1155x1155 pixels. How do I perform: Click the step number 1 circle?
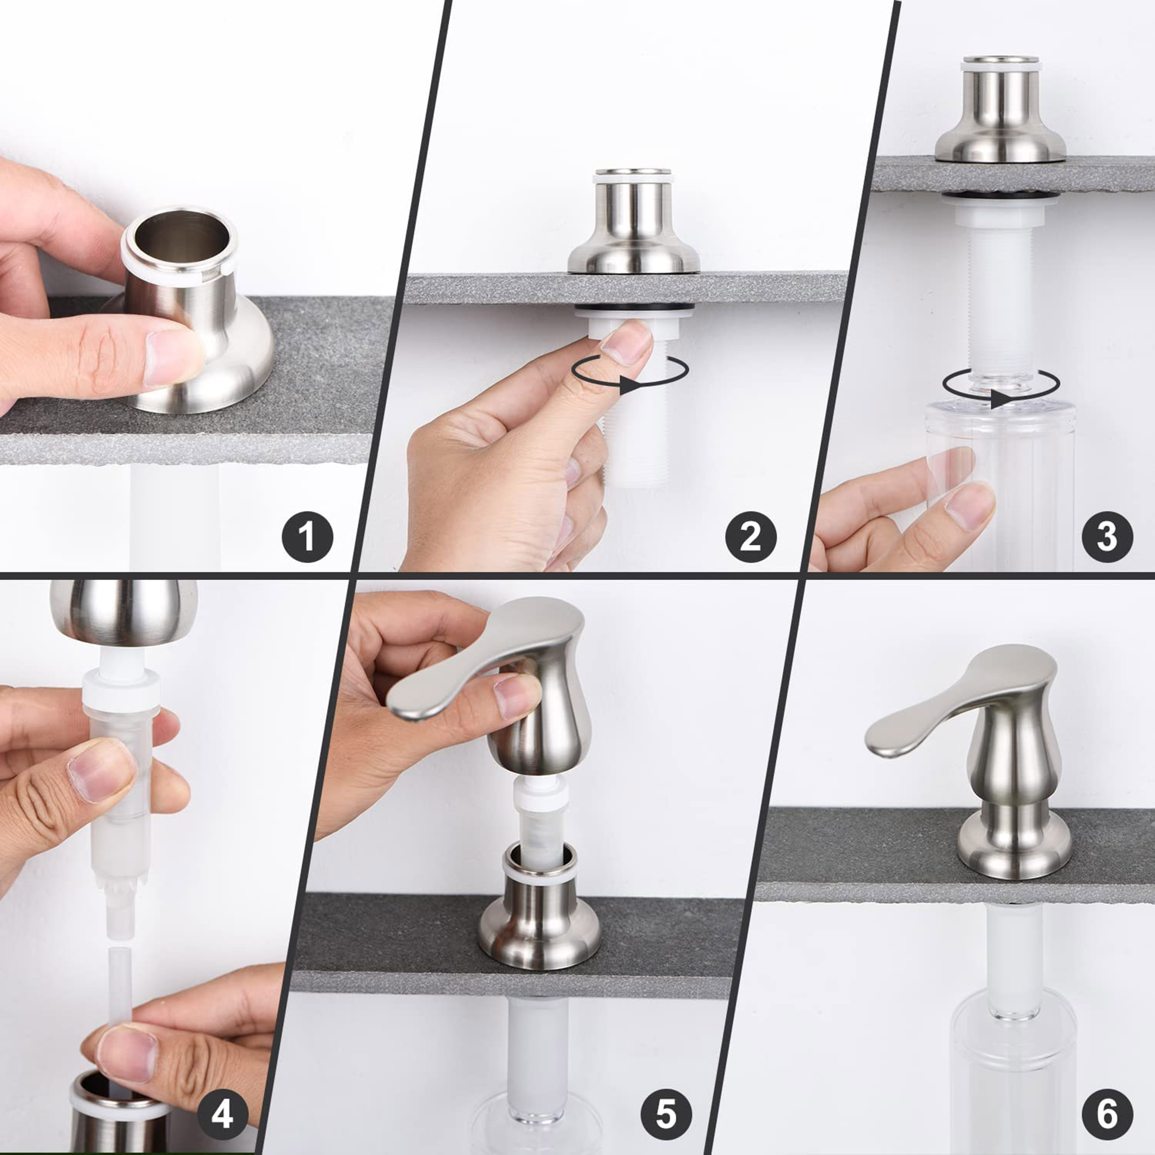(x=307, y=536)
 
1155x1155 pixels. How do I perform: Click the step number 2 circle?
(x=751, y=536)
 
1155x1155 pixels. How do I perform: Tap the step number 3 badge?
(x=1107, y=536)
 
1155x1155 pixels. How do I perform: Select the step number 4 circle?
(x=223, y=1114)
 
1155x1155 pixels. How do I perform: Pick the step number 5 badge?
(x=666, y=1114)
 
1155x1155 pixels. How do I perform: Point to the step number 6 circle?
(x=1107, y=1114)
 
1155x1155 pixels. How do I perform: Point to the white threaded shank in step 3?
(x=1000, y=299)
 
